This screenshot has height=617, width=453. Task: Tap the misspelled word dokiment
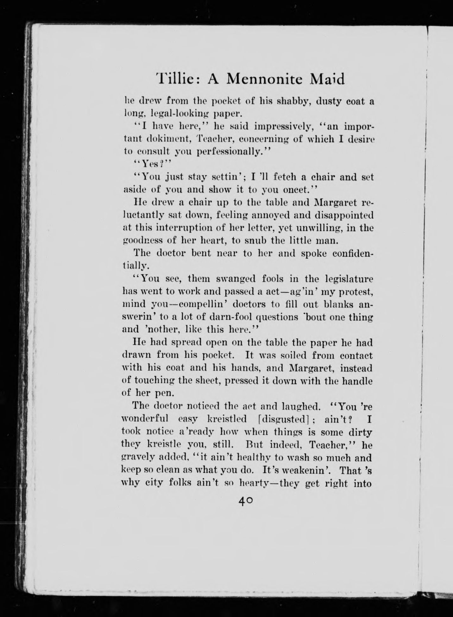coord(169,139)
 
